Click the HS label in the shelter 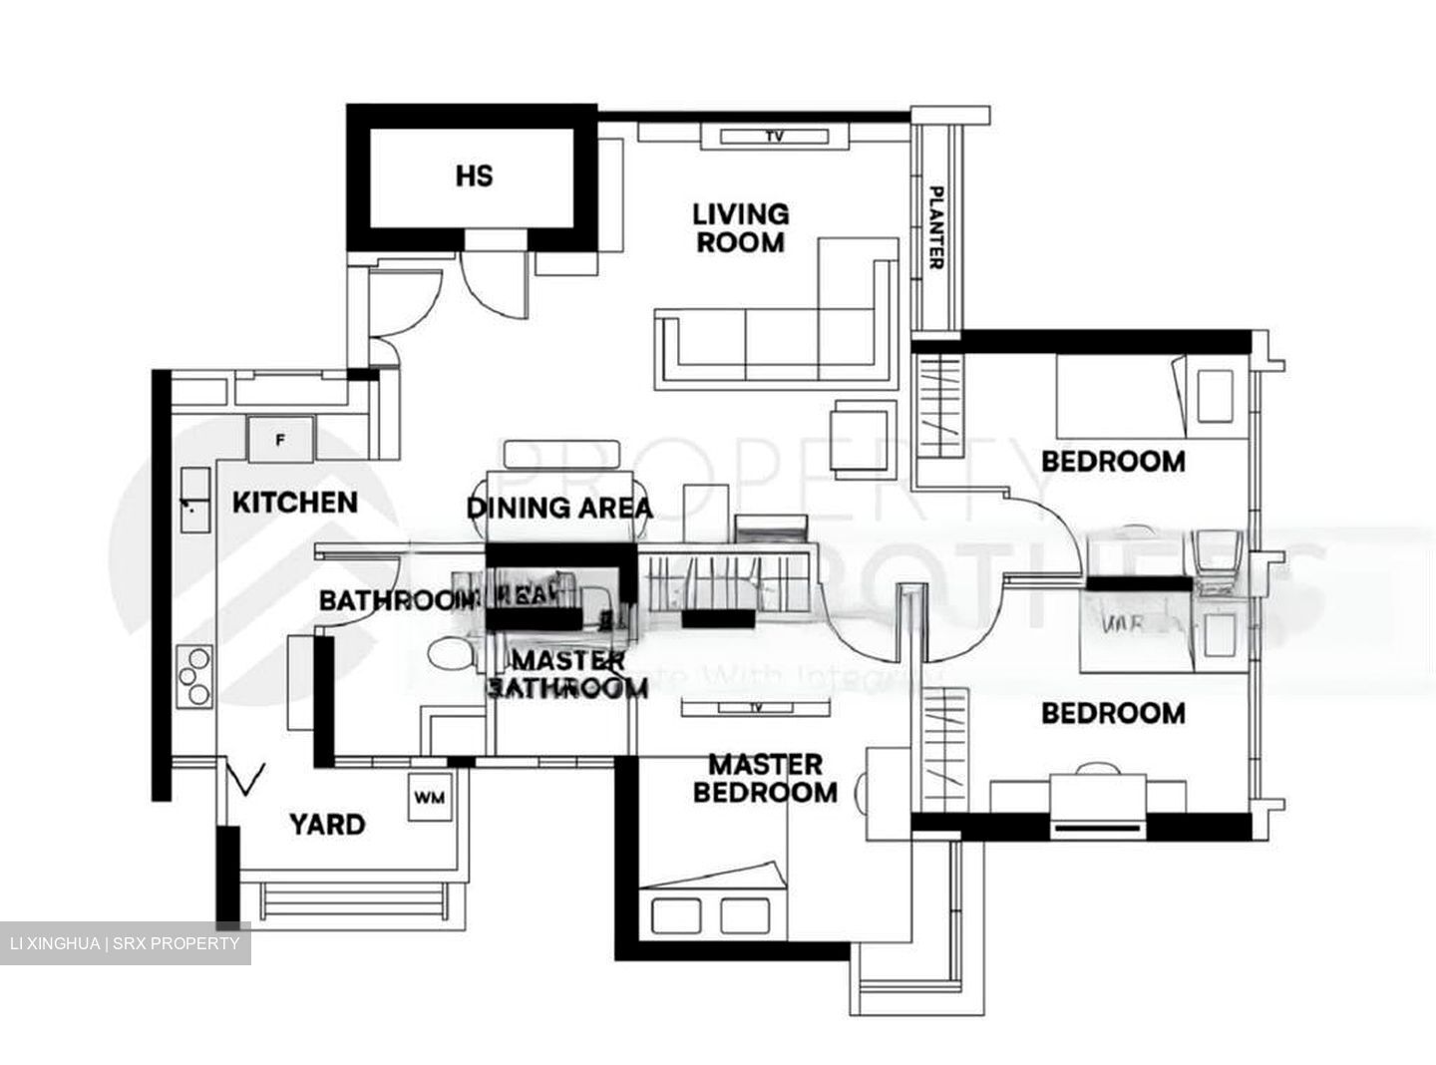point(474,177)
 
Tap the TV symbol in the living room point(775,137)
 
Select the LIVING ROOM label point(740,228)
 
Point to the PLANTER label point(935,226)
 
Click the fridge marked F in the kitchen point(280,439)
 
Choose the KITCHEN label point(294,503)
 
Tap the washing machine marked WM point(429,798)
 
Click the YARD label point(326,826)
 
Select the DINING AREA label point(559,508)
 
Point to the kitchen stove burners point(193,676)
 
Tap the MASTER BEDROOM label point(766,779)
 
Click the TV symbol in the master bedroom point(755,708)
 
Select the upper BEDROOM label point(1113,462)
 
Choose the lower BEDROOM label point(1113,714)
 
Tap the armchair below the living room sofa point(864,436)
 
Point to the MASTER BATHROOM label point(567,674)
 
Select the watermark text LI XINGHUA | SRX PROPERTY point(124,943)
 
